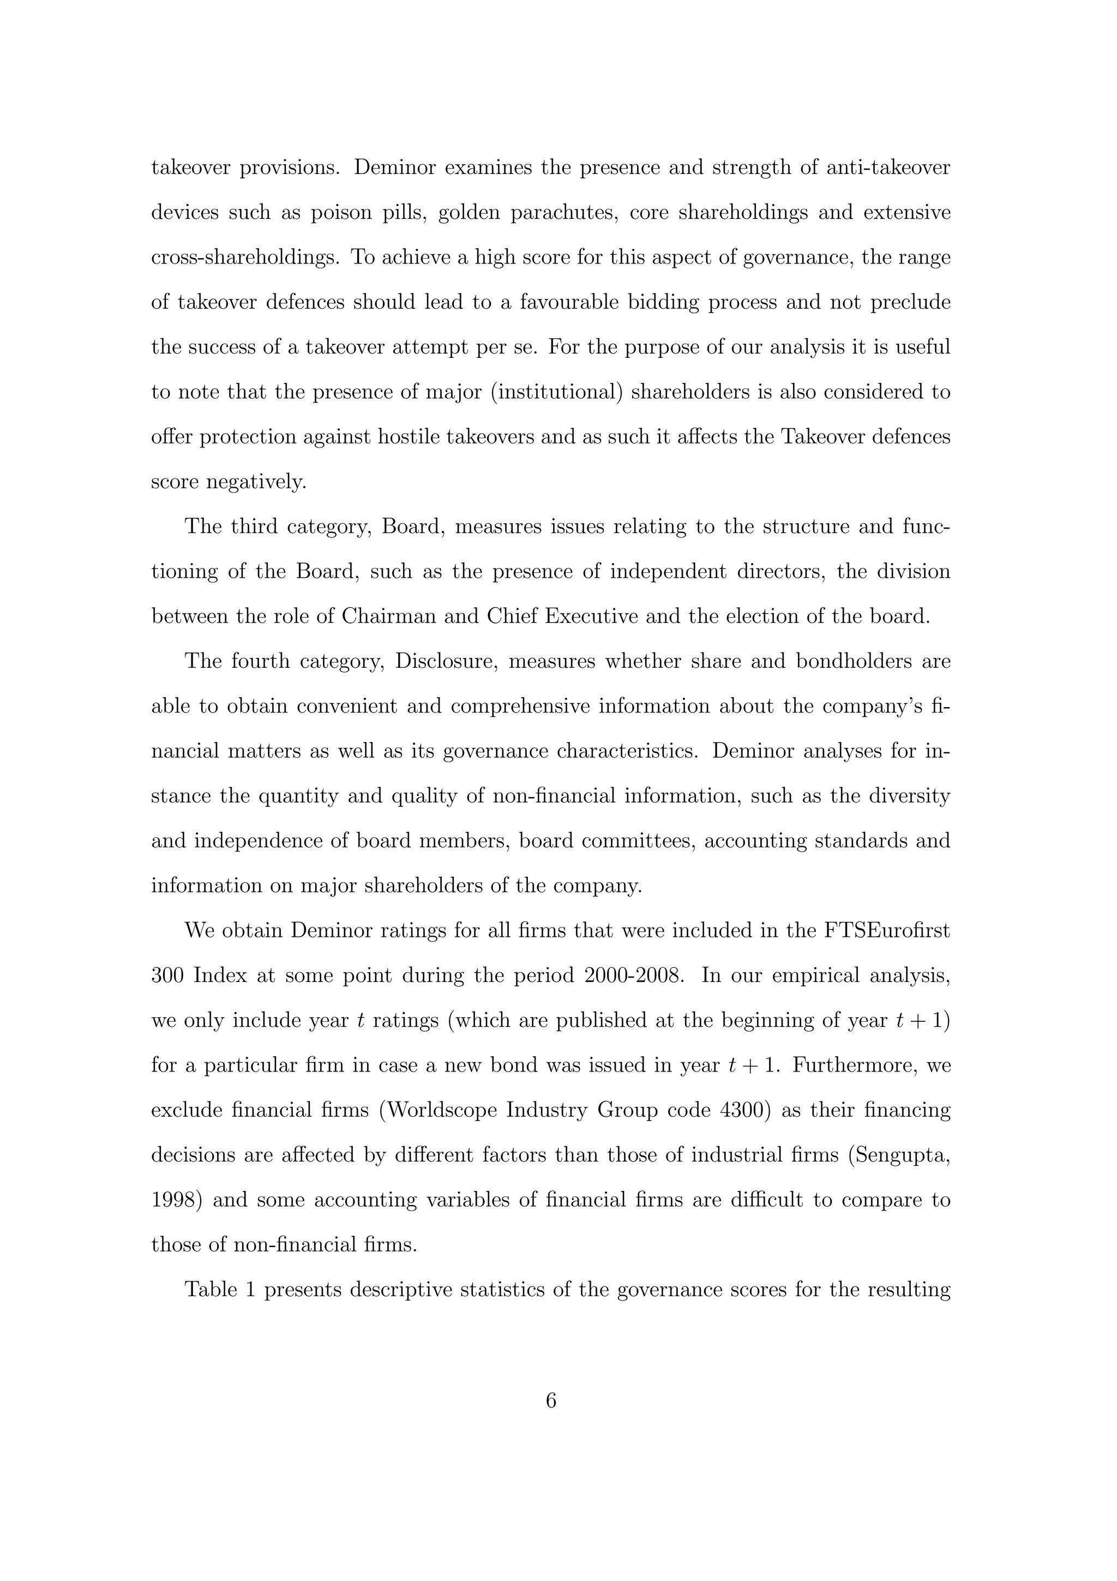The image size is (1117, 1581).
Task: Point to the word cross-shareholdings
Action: [245, 257]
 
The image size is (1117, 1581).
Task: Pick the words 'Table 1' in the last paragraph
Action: [220, 1290]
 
